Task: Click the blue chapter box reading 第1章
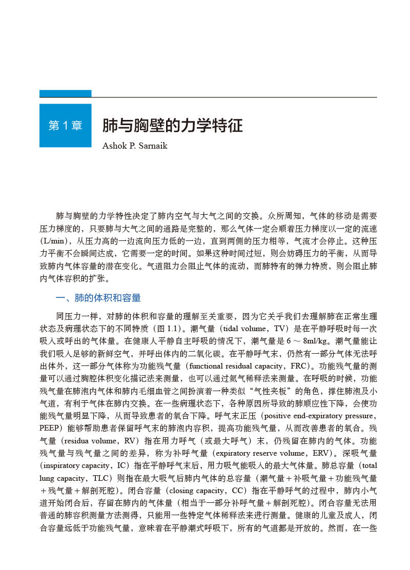[65, 126]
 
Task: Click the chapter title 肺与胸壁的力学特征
[172, 126]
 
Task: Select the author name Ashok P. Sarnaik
[134, 146]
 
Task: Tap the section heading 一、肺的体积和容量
[98, 298]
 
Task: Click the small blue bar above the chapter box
[65, 94]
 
